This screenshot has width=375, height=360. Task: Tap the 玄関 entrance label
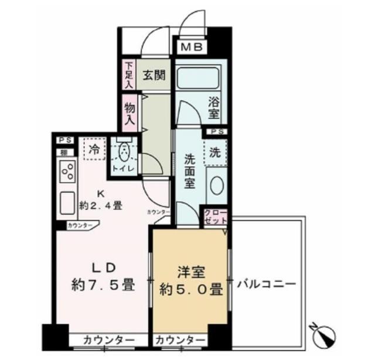coord(155,75)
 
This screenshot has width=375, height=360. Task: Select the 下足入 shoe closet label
coord(129,74)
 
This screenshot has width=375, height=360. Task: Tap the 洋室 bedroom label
coord(191,271)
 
